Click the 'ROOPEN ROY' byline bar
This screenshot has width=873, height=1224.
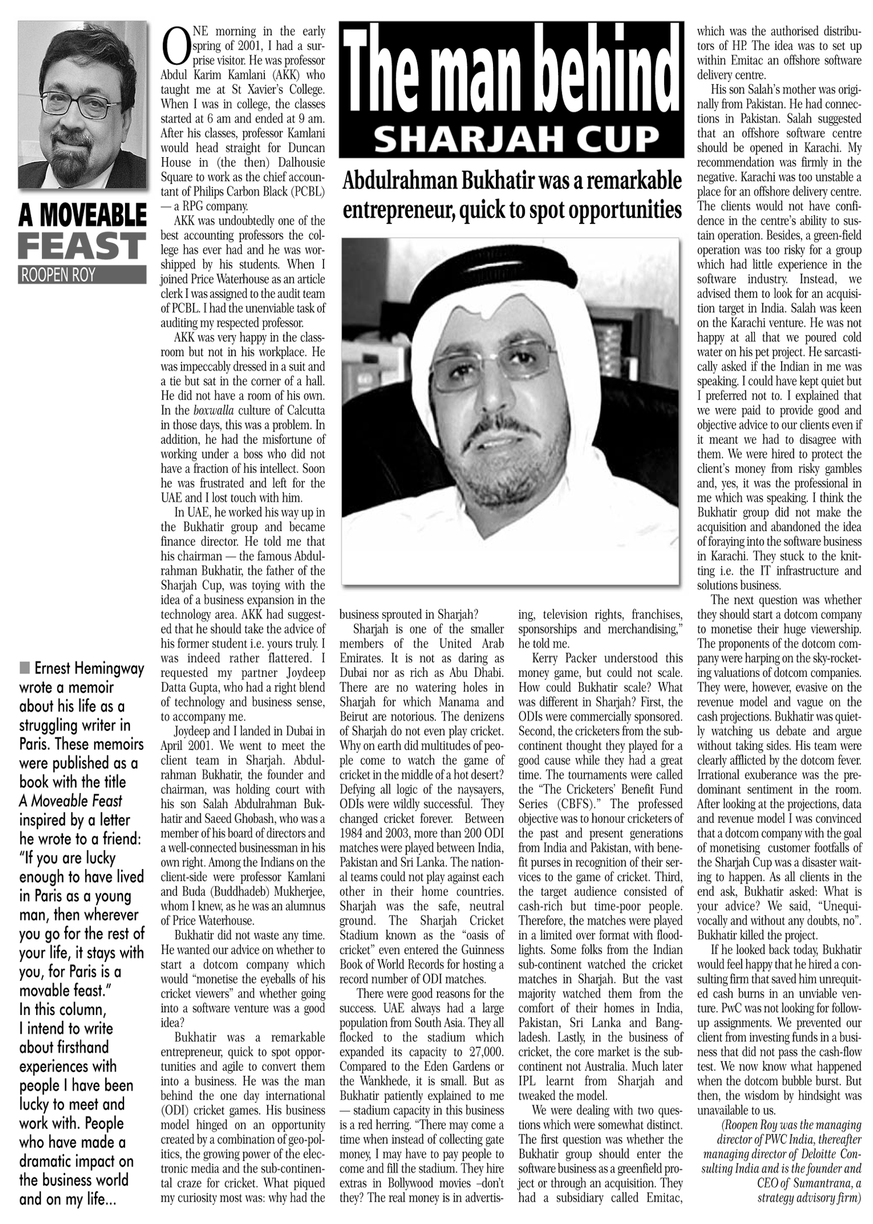pos(82,275)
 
